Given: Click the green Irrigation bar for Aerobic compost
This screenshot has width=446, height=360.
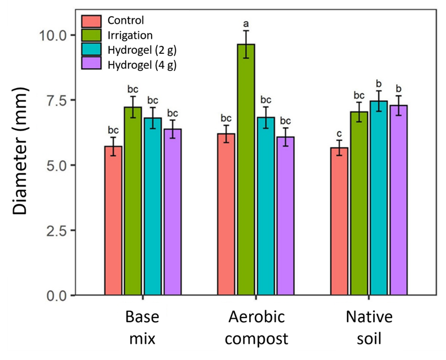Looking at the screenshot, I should coord(246,172).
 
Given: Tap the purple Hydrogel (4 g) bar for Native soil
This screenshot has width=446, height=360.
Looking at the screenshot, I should coord(399,200).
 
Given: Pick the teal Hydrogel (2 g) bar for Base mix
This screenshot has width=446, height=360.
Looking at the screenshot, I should coord(153,206).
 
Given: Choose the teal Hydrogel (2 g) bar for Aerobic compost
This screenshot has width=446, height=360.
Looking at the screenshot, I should coord(266,206).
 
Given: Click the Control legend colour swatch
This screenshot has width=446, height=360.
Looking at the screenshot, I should coord(91,21).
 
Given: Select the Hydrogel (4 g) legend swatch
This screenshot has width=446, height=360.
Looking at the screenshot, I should coord(91,65).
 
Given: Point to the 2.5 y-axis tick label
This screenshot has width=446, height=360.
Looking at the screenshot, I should coord(57,230).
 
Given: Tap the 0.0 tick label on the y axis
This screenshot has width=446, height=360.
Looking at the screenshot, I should coord(57,295).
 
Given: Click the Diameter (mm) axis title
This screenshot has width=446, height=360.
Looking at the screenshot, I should coord(21,165).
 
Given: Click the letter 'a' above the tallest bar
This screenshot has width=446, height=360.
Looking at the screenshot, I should coord(246,24).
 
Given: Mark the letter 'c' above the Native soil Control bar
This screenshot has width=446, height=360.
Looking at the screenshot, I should coord(340,132).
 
